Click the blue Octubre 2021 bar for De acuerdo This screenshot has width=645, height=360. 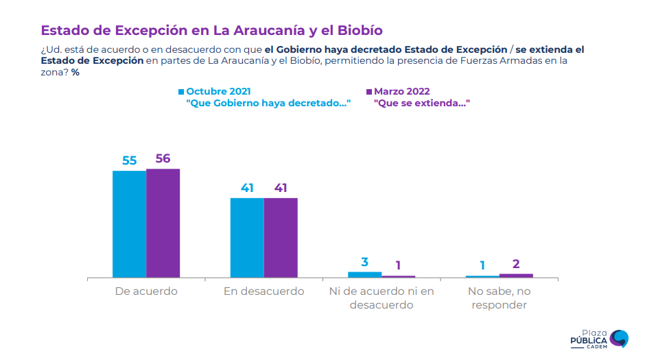pyautogui.click(x=129, y=224)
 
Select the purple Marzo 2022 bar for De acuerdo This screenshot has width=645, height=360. pyautogui.click(x=163, y=223)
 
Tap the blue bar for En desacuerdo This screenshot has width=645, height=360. pyautogui.click(x=247, y=238)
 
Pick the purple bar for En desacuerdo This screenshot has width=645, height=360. pyautogui.click(x=281, y=238)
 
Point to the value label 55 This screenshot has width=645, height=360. pyautogui.click(x=130, y=160)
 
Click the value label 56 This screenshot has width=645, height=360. pyautogui.click(x=163, y=158)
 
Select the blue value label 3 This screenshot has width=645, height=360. pyautogui.click(x=364, y=262)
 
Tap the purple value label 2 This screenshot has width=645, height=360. pyautogui.click(x=516, y=264)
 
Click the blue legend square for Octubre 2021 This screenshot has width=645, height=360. pyautogui.click(x=181, y=91)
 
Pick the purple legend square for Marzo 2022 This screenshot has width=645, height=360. pyautogui.click(x=368, y=91)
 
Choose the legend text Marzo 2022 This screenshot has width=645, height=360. pyautogui.click(x=402, y=91)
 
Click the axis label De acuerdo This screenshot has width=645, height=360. pyautogui.click(x=146, y=291)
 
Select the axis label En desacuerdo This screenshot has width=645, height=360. pyautogui.click(x=263, y=291)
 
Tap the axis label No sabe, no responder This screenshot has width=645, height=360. pyautogui.click(x=499, y=298)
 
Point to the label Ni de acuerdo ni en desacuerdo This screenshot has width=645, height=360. pyautogui.click(x=382, y=298)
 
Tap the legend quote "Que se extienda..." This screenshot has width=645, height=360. pyautogui.click(x=416, y=103)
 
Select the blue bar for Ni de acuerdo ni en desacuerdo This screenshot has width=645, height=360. pyautogui.click(x=364, y=274)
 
